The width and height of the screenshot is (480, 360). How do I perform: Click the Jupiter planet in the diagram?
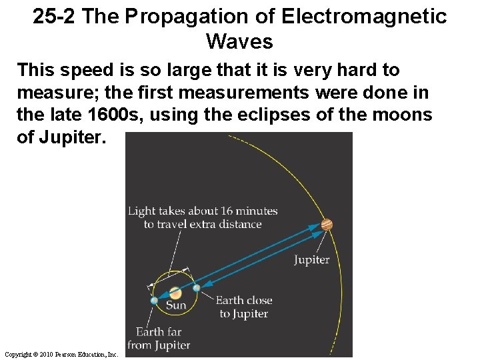point(327,225)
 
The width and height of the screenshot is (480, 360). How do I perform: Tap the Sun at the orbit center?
point(175,293)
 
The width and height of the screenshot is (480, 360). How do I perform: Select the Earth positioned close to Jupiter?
point(196,288)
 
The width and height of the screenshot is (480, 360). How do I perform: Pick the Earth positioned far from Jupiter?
point(155,301)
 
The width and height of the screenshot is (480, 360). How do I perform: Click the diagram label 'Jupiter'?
point(312,259)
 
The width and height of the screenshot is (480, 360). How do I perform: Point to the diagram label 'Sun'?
point(176,305)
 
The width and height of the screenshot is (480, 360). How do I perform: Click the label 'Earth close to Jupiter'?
point(243,307)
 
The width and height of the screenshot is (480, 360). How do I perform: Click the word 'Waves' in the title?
point(239,42)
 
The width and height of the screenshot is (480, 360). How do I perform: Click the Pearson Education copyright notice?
point(61,354)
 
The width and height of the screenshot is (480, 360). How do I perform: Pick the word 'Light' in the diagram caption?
point(141,211)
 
